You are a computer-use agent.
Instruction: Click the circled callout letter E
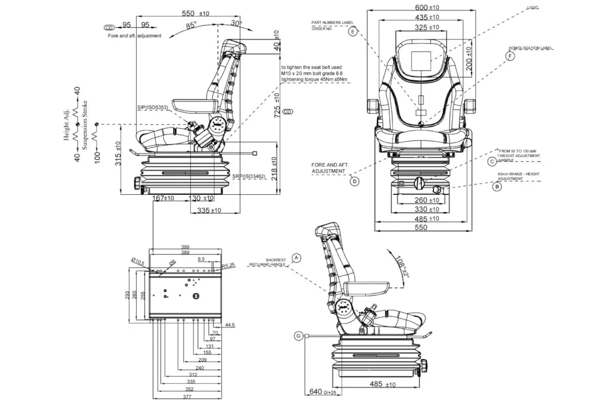point(353,32)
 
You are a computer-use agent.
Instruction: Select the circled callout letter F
point(511,56)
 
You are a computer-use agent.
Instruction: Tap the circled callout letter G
point(299,336)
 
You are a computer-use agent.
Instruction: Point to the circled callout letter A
point(297,258)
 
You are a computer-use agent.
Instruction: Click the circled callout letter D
point(354,181)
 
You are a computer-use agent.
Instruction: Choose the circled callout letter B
point(497,187)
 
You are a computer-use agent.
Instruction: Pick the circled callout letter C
point(492,162)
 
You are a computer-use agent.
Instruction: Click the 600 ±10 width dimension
point(427,7)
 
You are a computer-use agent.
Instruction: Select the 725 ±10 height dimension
point(277,105)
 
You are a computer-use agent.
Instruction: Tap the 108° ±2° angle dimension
point(402,267)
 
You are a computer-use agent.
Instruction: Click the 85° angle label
point(191,25)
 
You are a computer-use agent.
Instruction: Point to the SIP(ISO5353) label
point(152,107)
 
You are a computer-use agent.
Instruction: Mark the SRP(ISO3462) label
point(249,177)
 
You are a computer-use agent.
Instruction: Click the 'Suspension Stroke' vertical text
point(85,125)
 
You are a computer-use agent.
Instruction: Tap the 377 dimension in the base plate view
point(187,397)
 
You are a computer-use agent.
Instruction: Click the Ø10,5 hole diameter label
point(138,262)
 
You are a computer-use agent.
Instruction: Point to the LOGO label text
point(532,8)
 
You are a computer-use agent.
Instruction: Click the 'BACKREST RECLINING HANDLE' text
point(268,262)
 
